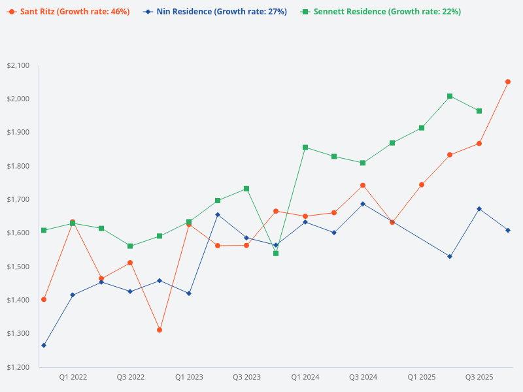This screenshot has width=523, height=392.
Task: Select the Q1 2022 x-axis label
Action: pyautogui.click(x=73, y=377)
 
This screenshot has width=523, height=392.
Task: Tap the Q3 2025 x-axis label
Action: pyautogui.click(x=479, y=377)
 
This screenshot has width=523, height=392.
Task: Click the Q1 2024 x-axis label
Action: pyautogui.click(x=305, y=377)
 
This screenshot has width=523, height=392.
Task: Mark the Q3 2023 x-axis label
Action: pyautogui.click(x=246, y=377)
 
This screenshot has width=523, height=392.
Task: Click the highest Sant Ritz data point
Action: pyautogui.click(x=508, y=82)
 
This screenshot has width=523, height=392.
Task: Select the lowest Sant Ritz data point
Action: pyautogui.click(x=160, y=330)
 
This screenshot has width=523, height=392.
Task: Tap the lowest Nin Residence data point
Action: pyautogui.click(x=44, y=345)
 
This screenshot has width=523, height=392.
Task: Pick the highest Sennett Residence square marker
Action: pyautogui.click(x=450, y=96)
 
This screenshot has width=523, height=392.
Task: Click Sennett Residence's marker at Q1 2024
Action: pyautogui.click(x=305, y=148)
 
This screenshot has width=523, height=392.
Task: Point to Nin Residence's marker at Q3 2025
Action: pyautogui.click(x=479, y=208)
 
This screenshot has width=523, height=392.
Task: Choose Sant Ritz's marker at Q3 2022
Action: pyautogui.click(x=130, y=263)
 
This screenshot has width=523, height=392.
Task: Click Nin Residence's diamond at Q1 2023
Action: pyautogui.click(x=189, y=293)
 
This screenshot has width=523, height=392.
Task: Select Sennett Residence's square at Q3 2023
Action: pyautogui.click(x=246, y=189)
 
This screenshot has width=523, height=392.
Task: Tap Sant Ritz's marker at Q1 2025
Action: pyautogui.click(x=422, y=185)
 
